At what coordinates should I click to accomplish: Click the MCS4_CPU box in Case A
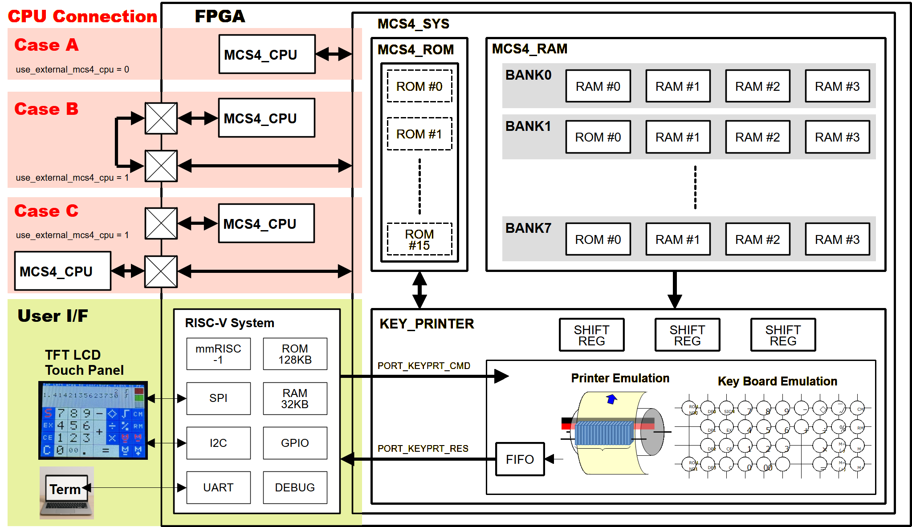(x=267, y=54)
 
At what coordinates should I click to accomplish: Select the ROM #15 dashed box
(x=419, y=239)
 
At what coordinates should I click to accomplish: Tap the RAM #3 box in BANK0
(x=837, y=86)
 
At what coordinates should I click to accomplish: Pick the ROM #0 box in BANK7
(x=598, y=239)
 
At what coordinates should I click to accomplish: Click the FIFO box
(x=520, y=459)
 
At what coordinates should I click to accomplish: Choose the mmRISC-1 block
(x=218, y=354)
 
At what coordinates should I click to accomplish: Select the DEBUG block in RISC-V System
(x=295, y=487)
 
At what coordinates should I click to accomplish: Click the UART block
(x=218, y=487)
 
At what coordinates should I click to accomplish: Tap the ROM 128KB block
(x=295, y=354)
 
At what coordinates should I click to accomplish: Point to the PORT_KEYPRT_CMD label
(x=423, y=366)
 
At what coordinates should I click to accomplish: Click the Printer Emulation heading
(x=620, y=378)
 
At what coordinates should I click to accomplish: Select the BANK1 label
(x=528, y=126)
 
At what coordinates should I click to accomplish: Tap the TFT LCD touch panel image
(x=93, y=420)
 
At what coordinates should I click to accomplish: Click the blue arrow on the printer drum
(x=611, y=399)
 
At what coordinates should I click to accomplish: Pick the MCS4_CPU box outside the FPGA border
(x=62, y=271)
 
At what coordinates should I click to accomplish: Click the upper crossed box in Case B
(x=161, y=118)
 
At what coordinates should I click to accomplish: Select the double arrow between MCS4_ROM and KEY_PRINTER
(x=419, y=290)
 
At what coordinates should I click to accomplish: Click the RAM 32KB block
(x=295, y=398)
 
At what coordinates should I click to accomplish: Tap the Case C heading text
(x=46, y=211)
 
